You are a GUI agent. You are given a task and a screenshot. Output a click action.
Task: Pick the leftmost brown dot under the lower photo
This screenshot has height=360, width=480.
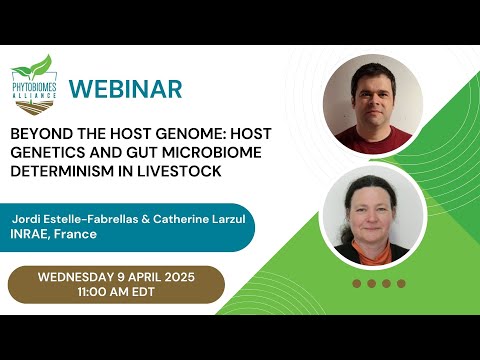(357, 283)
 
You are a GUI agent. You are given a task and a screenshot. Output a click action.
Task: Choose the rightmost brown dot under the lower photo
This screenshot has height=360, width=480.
(401, 283)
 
